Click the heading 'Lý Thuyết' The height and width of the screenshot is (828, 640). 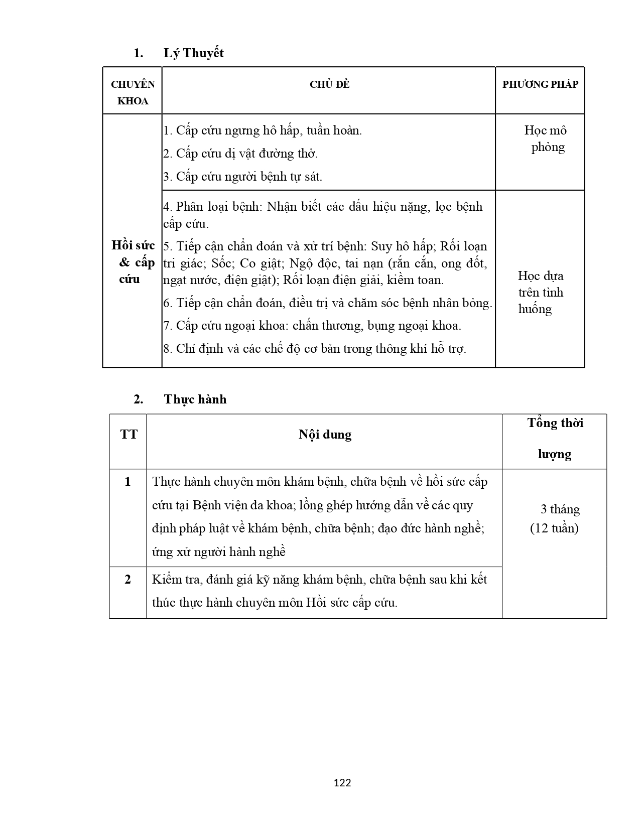pyautogui.click(x=193, y=53)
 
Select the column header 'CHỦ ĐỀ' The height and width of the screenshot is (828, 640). pyautogui.click(x=329, y=84)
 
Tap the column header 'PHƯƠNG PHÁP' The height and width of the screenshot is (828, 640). pyautogui.click(x=540, y=84)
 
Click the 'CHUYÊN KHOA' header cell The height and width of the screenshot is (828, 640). pyautogui.click(x=133, y=92)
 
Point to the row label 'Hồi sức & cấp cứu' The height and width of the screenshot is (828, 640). pyautogui.click(x=133, y=262)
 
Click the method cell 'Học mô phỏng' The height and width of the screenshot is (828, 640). pyautogui.click(x=546, y=139)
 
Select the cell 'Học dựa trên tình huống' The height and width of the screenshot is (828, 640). pyautogui.click(x=540, y=292)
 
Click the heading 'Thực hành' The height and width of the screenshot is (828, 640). pyautogui.click(x=195, y=399)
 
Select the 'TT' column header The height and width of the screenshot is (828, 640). pyautogui.click(x=129, y=434)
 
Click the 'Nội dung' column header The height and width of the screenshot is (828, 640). pyautogui.click(x=325, y=434)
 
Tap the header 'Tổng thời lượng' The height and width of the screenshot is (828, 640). pyautogui.click(x=555, y=438)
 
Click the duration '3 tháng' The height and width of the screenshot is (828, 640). pyautogui.click(x=560, y=509)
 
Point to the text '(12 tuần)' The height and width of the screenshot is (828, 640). pyautogui.click(x=554, y=528)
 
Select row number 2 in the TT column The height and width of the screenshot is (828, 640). pyautogui.click(x=128, y=579)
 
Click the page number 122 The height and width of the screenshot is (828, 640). pyautogui.click(x=342, y=782)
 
